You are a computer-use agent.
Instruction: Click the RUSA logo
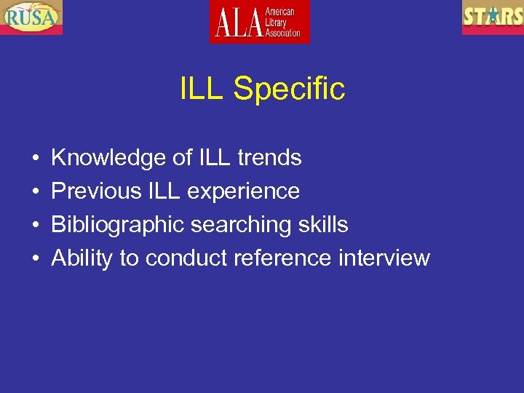coord(31,17)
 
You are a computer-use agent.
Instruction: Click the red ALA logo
coord(260,22)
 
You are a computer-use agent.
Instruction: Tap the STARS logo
coord(493,17)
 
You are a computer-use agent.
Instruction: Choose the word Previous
coord(96,191)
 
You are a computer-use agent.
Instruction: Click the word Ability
coord(82,258)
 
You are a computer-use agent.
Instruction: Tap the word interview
coord(385,258)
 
